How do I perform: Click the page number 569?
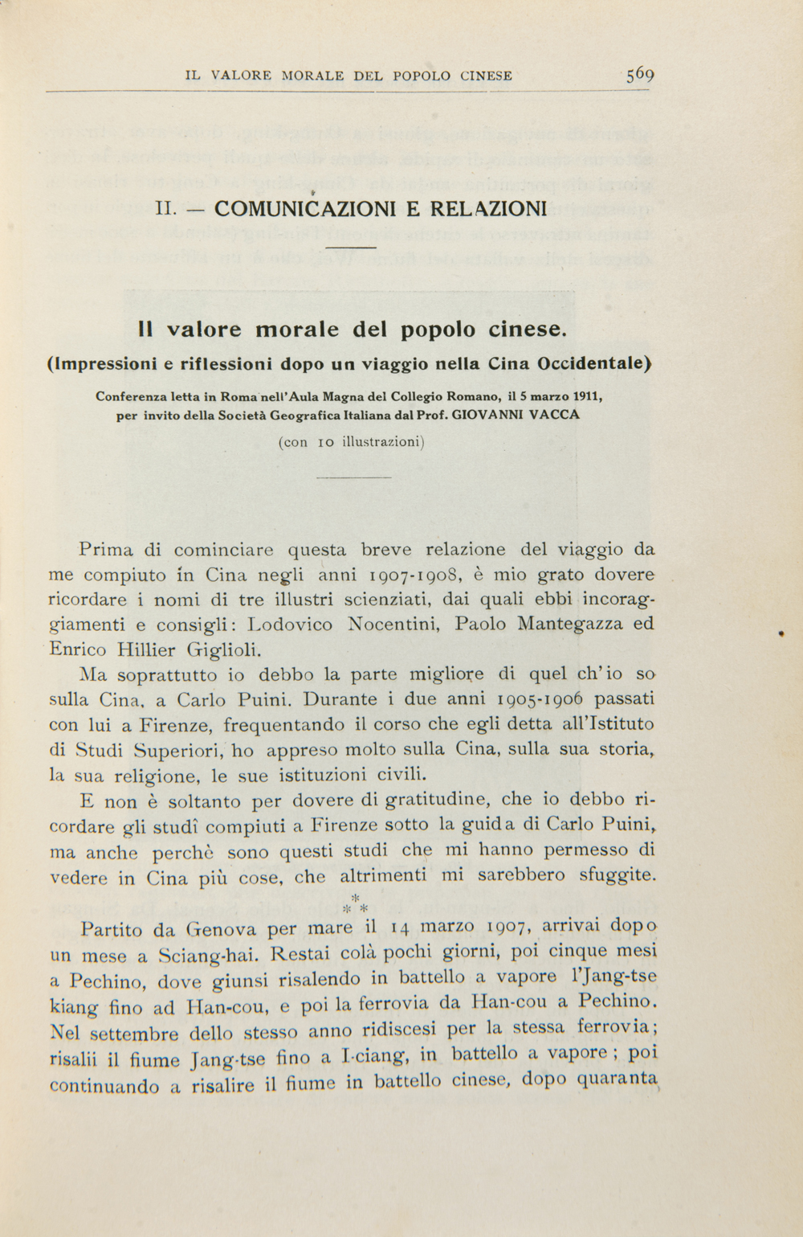pyautogui.click(x=640, y=76)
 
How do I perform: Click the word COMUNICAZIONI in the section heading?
pyautogui.click(x=306, y=209)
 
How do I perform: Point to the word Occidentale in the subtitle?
pyautogui.click(x=593, y=363)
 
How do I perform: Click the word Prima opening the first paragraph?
pyautogui.click(x=106, y=551)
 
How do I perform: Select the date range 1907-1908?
pyautogui.click(x=414, y=575)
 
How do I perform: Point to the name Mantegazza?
pyautogui.click(x=571, y=625)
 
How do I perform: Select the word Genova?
pyautogui.click(x=221, y=931)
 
